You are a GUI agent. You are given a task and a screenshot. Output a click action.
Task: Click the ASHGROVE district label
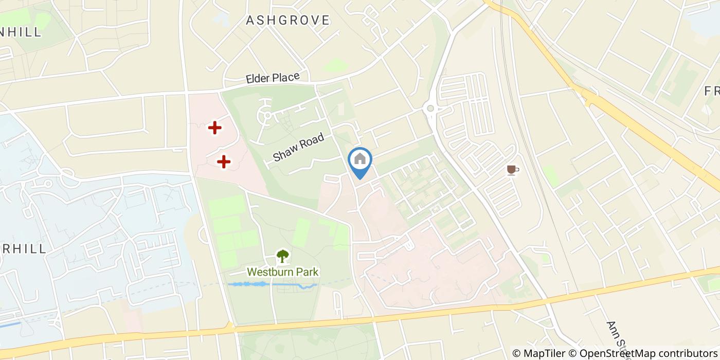tap(287, 21)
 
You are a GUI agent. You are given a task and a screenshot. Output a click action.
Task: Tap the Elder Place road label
tap(273, 78)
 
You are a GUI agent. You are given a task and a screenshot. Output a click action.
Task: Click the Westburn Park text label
tap(283, 272)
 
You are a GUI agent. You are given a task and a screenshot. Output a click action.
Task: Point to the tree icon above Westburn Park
tap(282, 256)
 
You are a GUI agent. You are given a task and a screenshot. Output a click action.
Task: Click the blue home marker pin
tap(360, 160)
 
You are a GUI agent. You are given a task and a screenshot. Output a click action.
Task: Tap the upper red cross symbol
tap(214, 128)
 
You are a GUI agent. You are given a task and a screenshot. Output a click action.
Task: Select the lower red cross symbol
tap(223, 162)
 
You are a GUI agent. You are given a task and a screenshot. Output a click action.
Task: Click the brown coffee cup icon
tap(512, 170)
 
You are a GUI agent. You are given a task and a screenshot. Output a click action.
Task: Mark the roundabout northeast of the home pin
tap(430, 109)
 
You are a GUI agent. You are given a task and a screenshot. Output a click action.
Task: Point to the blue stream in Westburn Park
tap(273, 284)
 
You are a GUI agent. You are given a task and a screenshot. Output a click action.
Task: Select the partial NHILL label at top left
tap(21, 32)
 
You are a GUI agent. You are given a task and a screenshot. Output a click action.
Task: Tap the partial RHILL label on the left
tap(23, 248)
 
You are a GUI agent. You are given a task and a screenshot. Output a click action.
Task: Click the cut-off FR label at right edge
tap(712, 91)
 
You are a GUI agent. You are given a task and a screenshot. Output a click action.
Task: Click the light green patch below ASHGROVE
tap(335, 65)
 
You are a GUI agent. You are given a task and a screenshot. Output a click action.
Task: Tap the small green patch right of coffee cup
tap(551, 176)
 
